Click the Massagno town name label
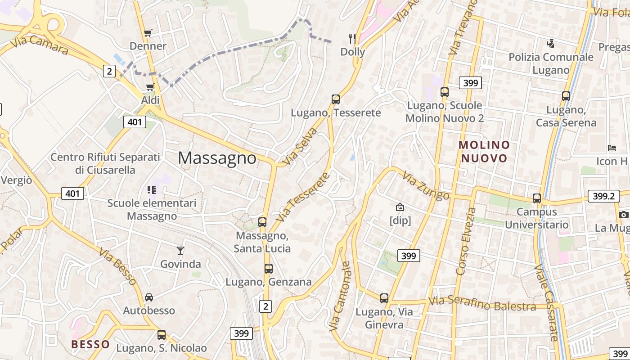tap(217, 158)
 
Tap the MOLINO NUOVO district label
tap(484, 152)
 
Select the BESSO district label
tap(90, 344)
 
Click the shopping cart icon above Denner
tap(148, 33)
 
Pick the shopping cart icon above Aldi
tap(150, 87)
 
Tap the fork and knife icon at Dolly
tap(352, 39)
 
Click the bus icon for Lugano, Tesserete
tap(336, 99)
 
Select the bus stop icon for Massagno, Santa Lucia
tap(262, 222)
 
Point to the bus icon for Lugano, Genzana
tap(269, 269)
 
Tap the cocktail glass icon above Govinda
tap(180, 250)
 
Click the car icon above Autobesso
tap(149, 297)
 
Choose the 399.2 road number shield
tap(603, 196)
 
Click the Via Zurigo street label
tap(426, 185)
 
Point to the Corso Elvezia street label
tap(466, 241)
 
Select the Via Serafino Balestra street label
tap(482, 304)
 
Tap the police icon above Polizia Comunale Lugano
tap(550, 44)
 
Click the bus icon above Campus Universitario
tap(537, 198)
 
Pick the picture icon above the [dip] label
tap(400, 207)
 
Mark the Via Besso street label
tap(118, 266)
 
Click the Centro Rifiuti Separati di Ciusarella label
tap(105, 163)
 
